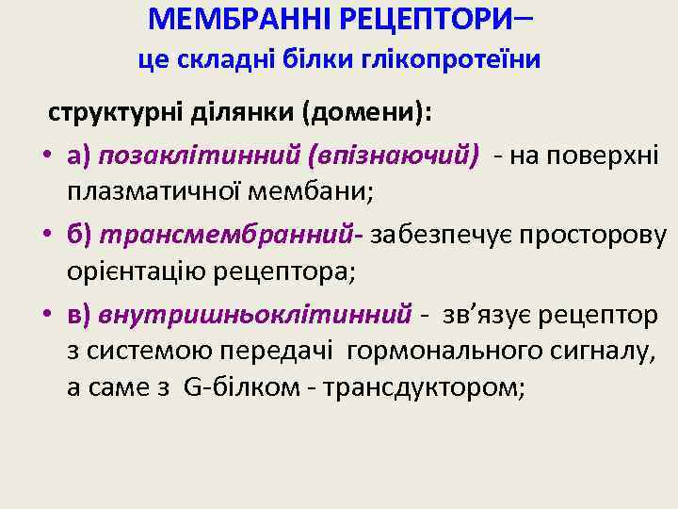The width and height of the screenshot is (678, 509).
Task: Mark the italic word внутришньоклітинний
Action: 254,311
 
